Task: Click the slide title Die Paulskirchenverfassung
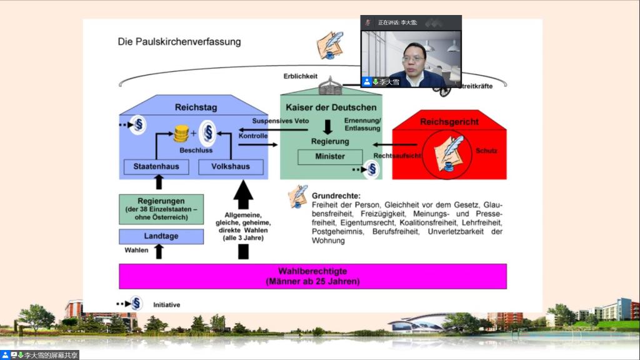[x=179, y=42]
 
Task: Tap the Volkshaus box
[x=231, y=167]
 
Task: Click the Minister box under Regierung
[x=329, y=156]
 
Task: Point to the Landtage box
[x=161, y=237]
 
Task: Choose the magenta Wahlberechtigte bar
[x=312, y=276]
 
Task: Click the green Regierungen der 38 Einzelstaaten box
[x=161, y=209]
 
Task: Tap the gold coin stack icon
[x=181, y=133]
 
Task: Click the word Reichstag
[x=196, y=107]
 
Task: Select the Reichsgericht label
[x=449, y=122]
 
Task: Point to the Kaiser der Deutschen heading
[x=331, y=107]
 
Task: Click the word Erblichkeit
[x=301, y=76]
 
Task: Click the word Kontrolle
[x=252, y=136]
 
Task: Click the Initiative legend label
[x=166, y=305]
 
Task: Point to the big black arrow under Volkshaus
[x=243, y=195]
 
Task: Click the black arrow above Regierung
[x=327, y=126]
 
